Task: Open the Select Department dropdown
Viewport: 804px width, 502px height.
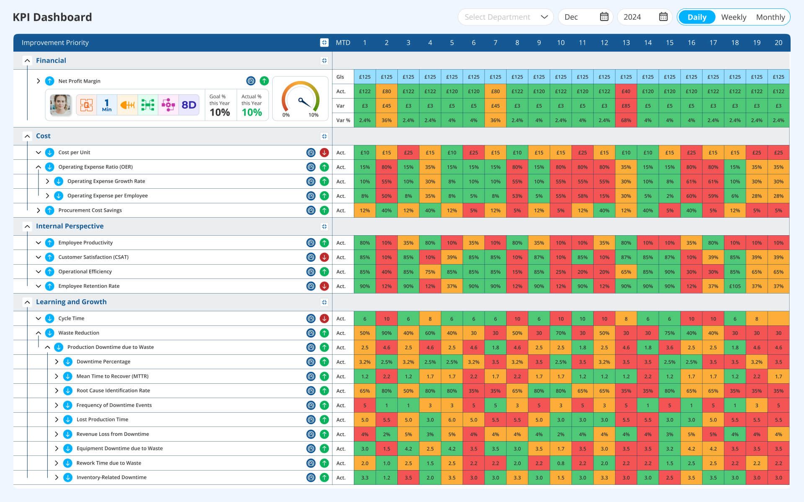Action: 505,17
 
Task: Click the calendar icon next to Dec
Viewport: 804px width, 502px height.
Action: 604,17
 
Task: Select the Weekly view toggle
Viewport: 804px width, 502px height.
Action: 733,17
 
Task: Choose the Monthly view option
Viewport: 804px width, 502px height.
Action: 770,17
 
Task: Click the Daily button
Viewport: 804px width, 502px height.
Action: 697,17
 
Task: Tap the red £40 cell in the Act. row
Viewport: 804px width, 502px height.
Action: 626,91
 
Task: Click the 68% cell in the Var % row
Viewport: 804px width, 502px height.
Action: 626,120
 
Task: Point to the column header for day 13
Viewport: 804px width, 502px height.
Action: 626,43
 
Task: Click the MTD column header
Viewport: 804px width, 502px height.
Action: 343,43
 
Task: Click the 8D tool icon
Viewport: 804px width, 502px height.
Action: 188,105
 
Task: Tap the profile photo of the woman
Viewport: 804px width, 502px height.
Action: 60,105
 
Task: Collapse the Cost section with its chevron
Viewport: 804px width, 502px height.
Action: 27,136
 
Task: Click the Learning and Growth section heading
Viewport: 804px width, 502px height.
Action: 71,302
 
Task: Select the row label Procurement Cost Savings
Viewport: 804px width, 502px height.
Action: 90,211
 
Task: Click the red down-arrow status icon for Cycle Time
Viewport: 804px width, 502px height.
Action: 324,319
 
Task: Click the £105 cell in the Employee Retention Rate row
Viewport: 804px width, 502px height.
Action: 734,286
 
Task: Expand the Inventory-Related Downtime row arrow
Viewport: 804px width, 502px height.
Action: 57,478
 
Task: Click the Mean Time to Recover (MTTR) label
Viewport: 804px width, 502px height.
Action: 112,377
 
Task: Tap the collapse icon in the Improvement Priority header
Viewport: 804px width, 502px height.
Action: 324,43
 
